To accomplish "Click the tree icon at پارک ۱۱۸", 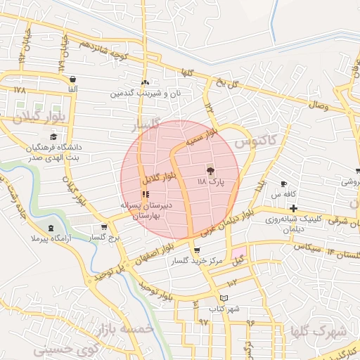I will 210,170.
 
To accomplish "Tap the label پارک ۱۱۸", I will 211,181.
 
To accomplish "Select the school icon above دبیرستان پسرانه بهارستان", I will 146,195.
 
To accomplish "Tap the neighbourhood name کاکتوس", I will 254,141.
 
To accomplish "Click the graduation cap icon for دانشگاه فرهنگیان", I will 53,137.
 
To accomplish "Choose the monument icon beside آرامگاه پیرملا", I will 51,228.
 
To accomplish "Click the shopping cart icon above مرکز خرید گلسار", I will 196,250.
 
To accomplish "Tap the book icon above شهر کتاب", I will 224,298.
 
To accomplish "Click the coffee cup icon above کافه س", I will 283,184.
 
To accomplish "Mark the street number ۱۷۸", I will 19,91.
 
